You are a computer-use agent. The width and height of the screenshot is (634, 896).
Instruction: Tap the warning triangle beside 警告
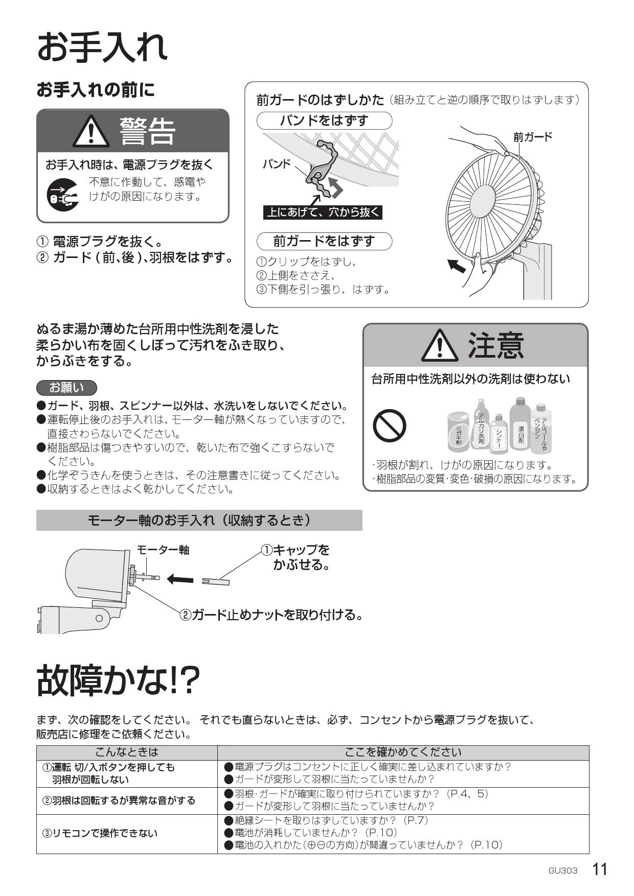click(90, 132)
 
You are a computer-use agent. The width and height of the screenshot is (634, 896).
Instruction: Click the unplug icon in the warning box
click(63, 194)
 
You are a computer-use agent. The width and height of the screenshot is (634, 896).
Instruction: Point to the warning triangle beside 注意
click(440, 345)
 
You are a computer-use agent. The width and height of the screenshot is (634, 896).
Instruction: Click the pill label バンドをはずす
click(324, 121)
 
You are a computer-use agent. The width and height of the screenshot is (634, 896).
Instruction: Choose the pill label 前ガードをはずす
click(324, 241)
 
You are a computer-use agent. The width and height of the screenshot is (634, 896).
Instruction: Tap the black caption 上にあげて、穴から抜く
click(323, 212)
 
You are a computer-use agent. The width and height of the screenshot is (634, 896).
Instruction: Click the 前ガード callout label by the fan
click(533, 136)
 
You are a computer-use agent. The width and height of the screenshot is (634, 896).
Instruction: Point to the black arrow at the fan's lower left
click(457, 265)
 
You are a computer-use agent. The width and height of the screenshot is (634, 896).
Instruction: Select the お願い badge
click(66, 388)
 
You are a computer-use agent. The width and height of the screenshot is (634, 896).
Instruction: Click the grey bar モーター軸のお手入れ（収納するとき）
click(199, 520)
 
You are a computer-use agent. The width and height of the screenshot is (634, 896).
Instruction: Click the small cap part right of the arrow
click(215, 581)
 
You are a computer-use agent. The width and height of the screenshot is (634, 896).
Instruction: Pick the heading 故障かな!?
click(118, 680)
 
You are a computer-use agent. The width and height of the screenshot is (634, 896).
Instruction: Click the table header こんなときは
click(127, 752)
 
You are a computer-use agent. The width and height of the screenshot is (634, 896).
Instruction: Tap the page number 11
click(600, 869)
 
